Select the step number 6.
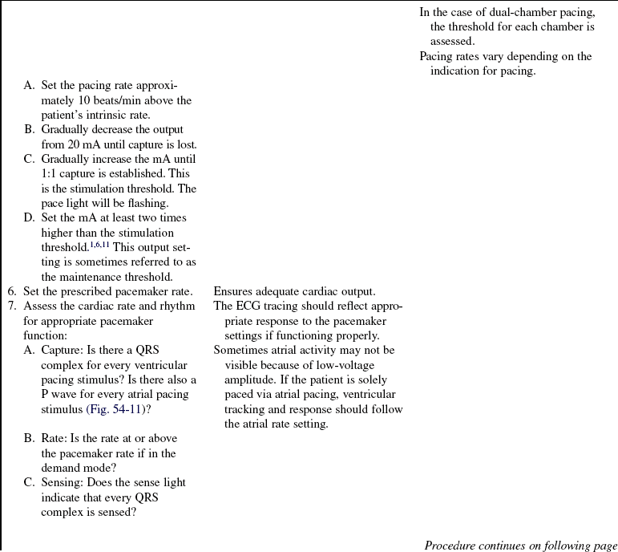(11, 291)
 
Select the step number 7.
(11, 306)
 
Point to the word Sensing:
(66, 482)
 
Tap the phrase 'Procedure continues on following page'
(520, 546)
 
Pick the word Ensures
(235, 291)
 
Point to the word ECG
(248, 306)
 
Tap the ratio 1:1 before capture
(50, 173)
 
